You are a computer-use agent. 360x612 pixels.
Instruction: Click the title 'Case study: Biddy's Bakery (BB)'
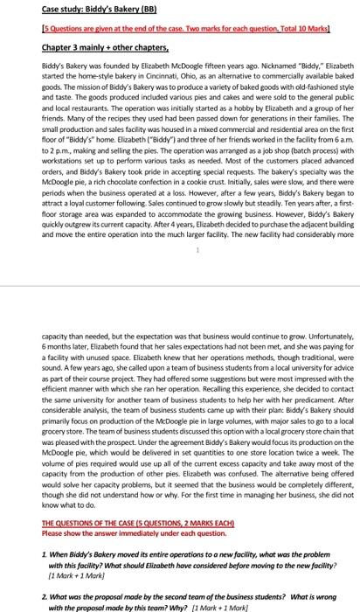(x=98, y=10)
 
